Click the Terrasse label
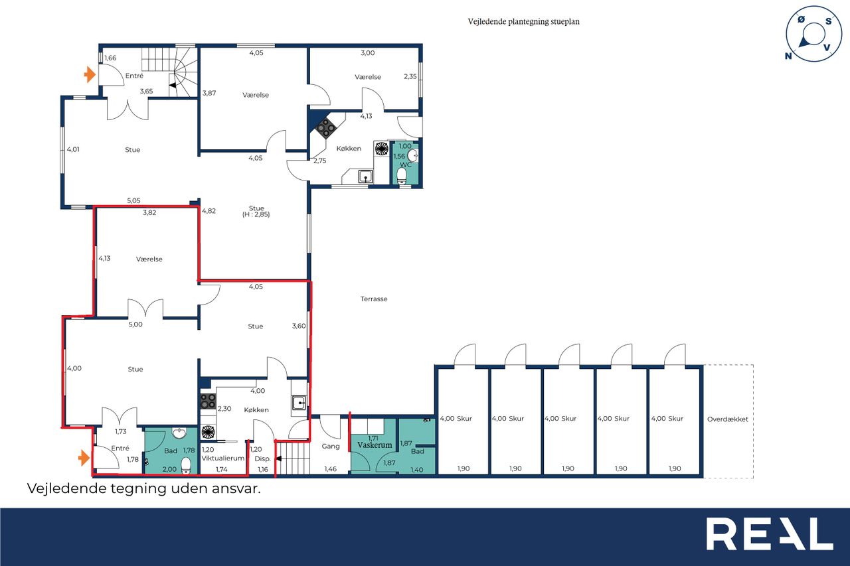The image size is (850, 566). pos(374,299)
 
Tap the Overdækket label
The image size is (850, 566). pos(727,419)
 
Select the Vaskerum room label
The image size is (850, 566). pos(375,445)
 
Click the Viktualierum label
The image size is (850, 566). pos(222,458)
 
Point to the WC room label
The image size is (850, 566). pos(406,165)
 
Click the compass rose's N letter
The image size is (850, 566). pos(788,56)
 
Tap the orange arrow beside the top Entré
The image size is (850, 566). pos(90,74)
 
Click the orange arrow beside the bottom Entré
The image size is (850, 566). pos(84,458)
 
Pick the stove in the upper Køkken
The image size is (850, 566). pos(326,127)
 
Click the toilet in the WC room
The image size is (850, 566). pos(402,177)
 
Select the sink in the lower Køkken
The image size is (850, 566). pos(299,403)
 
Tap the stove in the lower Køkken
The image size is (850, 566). pos(208,401)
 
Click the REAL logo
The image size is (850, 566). pos(769,533)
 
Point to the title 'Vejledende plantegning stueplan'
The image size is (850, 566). pos(523,22)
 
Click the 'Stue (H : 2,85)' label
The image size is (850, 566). pos(256,211)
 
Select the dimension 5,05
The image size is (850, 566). pos(133,200)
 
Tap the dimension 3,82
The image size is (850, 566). pos(149,213)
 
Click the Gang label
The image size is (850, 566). pos(331,446)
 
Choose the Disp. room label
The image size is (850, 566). pos(262,459)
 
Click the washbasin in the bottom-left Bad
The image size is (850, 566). pos(179,433)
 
